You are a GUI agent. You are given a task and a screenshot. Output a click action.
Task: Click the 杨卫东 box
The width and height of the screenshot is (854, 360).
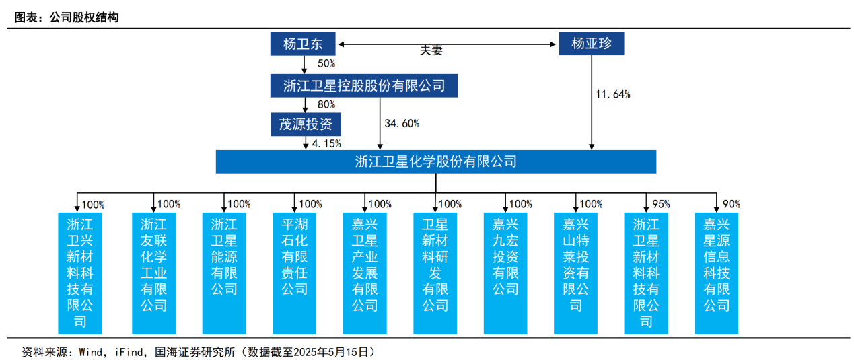[x=303, y=44]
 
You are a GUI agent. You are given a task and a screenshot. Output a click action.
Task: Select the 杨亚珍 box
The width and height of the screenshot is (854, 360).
[x=591, y=44]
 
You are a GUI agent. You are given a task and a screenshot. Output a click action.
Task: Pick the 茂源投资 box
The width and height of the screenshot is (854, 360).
[x=306, y=124]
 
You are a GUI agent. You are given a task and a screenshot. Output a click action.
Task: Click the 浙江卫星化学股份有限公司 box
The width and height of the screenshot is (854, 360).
[x=435, y=161]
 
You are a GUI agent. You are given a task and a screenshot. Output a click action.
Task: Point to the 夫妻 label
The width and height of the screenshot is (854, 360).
[x=431, y=51]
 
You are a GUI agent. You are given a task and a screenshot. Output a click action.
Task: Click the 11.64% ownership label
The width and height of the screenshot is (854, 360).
[x=613, y=94]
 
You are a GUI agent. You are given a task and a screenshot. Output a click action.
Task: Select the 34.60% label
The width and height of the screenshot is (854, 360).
[x=402, y=123]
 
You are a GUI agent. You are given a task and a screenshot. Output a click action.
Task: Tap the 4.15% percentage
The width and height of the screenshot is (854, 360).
[x=327, y=143]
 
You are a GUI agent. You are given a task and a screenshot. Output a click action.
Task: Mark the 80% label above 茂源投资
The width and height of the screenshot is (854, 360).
[x=326, y=104]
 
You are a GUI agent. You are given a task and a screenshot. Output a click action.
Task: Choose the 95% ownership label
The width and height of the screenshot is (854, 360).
[x=661, y=204]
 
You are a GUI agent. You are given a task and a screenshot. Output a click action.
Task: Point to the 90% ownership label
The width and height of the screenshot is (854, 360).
[x=731, y=204]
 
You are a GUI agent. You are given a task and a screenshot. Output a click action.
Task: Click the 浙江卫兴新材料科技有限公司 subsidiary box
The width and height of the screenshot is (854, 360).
[x=80, y=273]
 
